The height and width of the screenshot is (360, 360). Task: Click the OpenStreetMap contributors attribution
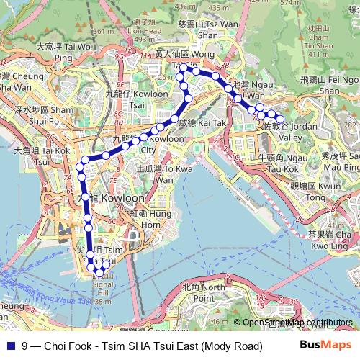pyautogui.click(x=297, y=323)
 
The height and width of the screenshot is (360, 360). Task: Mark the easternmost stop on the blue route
pyautogui.click(x=281, y=119)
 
